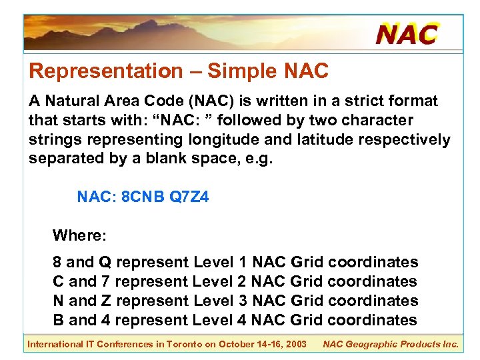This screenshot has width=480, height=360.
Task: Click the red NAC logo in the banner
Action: tap(407, 33)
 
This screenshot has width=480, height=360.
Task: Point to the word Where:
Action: tap(79, 235)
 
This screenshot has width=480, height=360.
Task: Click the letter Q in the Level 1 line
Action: tap(105, 263)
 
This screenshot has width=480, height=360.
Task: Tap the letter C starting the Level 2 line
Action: tap(59, 282)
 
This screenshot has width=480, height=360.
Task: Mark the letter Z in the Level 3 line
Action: tap(106, 301)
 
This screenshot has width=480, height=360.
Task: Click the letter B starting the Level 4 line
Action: tap(59, 321)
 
